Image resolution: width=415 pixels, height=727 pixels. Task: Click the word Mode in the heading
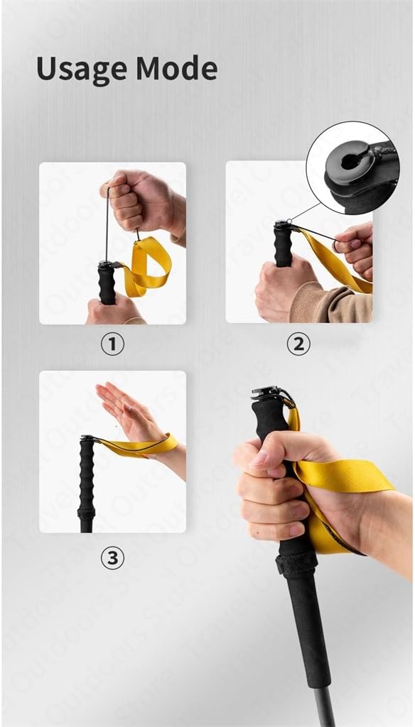176,69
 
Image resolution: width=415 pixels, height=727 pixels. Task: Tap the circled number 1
112,344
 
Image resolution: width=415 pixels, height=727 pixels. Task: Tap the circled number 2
298,344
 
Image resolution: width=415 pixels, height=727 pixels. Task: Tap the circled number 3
112,558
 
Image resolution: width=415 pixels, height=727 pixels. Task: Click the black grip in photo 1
107,284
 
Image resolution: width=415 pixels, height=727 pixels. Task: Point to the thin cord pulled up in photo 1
107,227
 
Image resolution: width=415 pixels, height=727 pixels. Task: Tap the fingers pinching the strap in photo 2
352,245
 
